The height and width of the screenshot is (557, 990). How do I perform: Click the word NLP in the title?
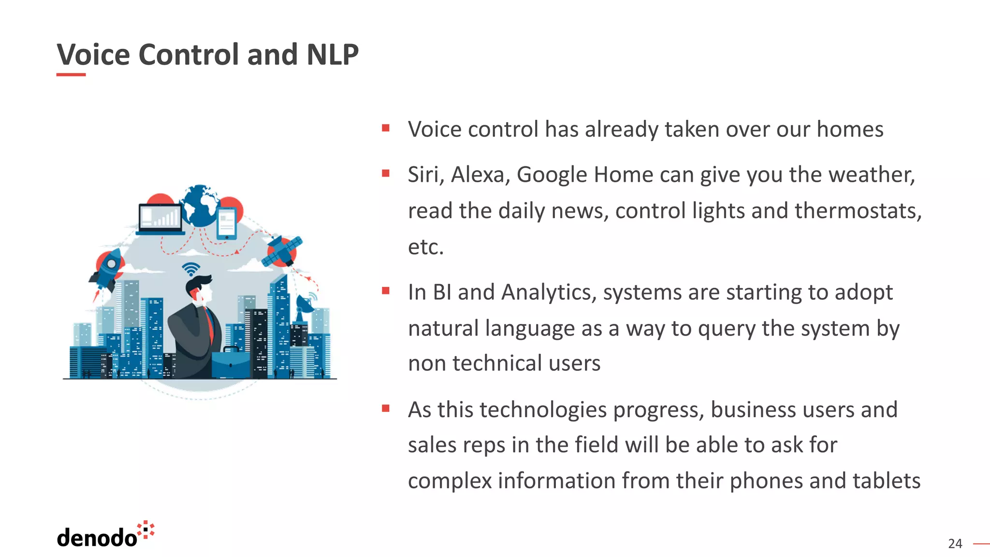coord(332,54)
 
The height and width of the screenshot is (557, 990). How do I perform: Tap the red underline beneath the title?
coord(71,74)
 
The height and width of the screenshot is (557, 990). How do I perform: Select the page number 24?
coord(955,544)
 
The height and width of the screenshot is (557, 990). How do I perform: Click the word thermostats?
coord(858,211)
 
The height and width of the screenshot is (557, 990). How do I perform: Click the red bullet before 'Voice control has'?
coord(386,128)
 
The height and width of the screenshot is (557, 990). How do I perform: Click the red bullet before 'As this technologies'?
coord(386,409)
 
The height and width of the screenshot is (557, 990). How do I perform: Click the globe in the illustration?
coord(200,205)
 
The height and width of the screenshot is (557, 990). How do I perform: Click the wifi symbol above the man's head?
coord(191,268)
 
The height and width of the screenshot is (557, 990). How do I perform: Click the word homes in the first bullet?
coord(850,129)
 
